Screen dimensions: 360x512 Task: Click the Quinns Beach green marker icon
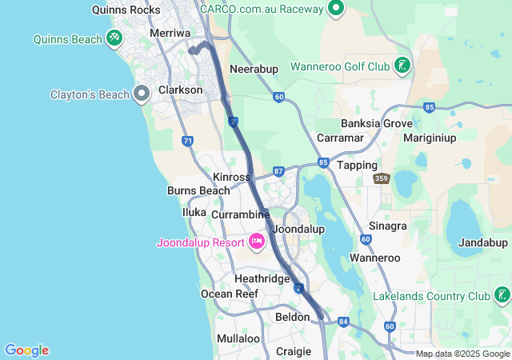tap(114, 38)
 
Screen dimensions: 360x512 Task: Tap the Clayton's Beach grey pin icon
tap(142, 94)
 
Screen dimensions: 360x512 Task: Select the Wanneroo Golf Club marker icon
tap(402, 66)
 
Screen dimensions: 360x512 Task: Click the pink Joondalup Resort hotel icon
tap(257, 241)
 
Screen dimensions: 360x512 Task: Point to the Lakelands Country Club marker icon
tap(502, 296)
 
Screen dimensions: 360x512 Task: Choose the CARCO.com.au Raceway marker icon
tap(335, 9)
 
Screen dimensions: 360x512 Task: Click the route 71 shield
tap(187, 141)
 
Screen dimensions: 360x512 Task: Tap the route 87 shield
tap(278, 171)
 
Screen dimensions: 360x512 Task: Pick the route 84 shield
tap(344, 322)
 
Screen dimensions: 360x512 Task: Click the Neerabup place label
tap(254, 69)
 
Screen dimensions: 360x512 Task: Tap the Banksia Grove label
tap(377, 124)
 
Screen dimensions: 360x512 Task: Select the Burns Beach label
tap(198, 190)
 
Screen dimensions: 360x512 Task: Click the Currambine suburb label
tap(240, 214)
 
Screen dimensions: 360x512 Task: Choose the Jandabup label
tap(482, 242)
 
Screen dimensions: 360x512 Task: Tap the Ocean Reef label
tap(230, 294)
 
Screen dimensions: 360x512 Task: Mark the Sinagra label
tap(388, 226)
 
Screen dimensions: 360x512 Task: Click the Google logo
tap(26, 350)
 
